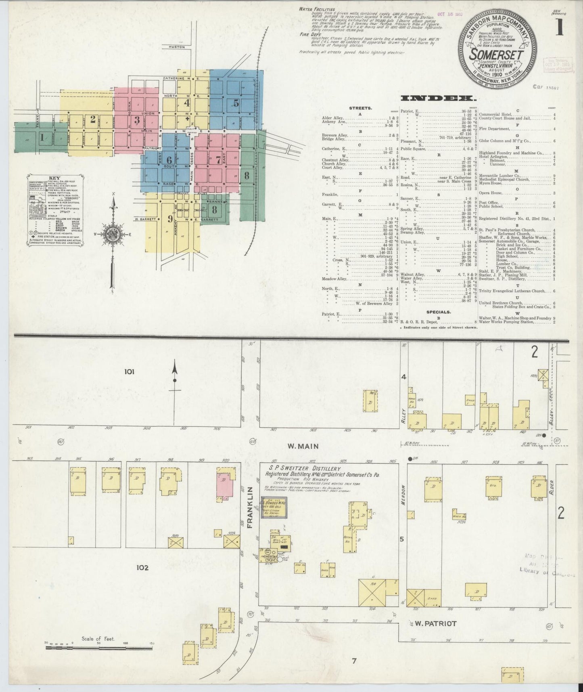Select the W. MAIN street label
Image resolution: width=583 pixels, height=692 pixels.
[303, 446]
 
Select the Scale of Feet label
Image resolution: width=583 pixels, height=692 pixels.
[98, 639]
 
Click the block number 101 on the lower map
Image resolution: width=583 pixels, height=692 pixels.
[129, 371]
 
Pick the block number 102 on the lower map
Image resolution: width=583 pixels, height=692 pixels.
[142, 567]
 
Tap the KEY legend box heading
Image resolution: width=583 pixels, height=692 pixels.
[54, 178]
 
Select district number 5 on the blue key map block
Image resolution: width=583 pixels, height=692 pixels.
[236, 103]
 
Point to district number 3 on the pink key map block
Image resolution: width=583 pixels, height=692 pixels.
[137, 120]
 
